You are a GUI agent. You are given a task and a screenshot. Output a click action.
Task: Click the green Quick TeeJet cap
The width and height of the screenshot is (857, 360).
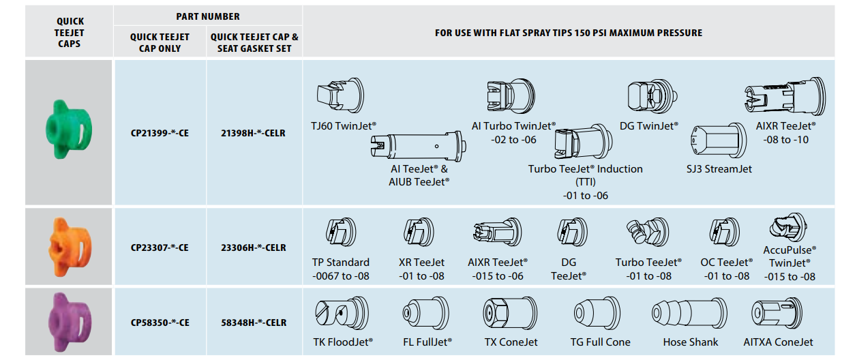tap(69, 130)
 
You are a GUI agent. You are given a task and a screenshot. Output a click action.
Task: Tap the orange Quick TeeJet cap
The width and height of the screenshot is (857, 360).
tap(70, 247)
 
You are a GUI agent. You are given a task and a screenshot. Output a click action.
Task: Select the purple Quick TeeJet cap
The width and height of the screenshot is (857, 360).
tap(70, 322)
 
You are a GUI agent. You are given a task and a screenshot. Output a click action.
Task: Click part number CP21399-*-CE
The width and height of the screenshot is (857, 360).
tap(160, 133)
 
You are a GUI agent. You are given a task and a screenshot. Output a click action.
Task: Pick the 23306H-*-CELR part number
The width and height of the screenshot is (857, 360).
tap(253, 248)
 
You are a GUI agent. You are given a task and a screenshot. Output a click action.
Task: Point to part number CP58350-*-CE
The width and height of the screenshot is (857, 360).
tap(160, 323)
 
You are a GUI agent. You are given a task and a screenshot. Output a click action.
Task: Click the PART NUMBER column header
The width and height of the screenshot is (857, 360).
tap(208, 16)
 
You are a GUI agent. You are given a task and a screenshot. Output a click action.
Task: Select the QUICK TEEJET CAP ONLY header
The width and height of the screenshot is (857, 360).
tap(160, 42)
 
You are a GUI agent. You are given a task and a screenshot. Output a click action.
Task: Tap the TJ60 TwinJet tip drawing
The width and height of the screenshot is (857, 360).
tap(340, 95)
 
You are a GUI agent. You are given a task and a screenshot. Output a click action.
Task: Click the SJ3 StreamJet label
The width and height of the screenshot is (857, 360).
tap(719, 168)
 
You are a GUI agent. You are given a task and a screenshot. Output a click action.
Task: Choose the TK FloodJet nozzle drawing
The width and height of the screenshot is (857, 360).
tap(342, 313)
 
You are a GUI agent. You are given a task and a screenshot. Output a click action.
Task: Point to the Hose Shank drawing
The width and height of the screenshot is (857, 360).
tap(689, 314)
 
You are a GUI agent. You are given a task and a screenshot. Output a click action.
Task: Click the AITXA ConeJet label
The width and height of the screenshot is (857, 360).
tap(778, 342)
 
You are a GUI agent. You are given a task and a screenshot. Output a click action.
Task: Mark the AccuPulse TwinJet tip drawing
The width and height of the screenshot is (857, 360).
tap(789, 228)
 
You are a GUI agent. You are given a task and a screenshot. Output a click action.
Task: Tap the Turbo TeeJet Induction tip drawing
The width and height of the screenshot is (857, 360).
tap(583, 142)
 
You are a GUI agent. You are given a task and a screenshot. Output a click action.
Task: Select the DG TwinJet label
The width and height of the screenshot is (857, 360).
tap(649, 126)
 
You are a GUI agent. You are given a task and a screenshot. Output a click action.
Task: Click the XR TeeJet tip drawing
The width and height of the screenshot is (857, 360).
tap(419, 232)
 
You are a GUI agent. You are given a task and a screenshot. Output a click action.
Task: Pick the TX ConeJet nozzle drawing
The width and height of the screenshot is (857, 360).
tap(510, 313)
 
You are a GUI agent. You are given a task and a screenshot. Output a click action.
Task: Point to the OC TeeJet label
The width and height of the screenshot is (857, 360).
tap(727, 262)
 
